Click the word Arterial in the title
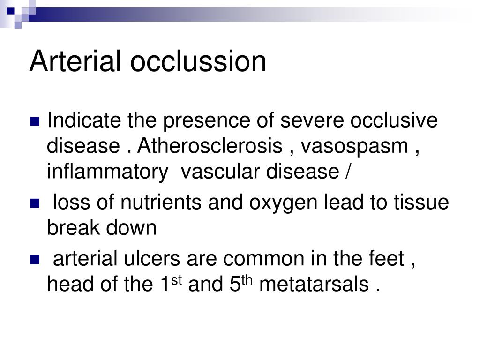(75, 61)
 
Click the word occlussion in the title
(198, 61)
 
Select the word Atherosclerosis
(210, 146)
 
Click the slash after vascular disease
(347, 172)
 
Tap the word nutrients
(161, 202)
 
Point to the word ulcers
(152, 258)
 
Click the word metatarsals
(314, 285)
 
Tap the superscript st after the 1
(177, 280)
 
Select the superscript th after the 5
(247, 280)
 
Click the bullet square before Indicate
(35, 121)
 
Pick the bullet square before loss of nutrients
(35, 203)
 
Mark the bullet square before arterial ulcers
(35, 260)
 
